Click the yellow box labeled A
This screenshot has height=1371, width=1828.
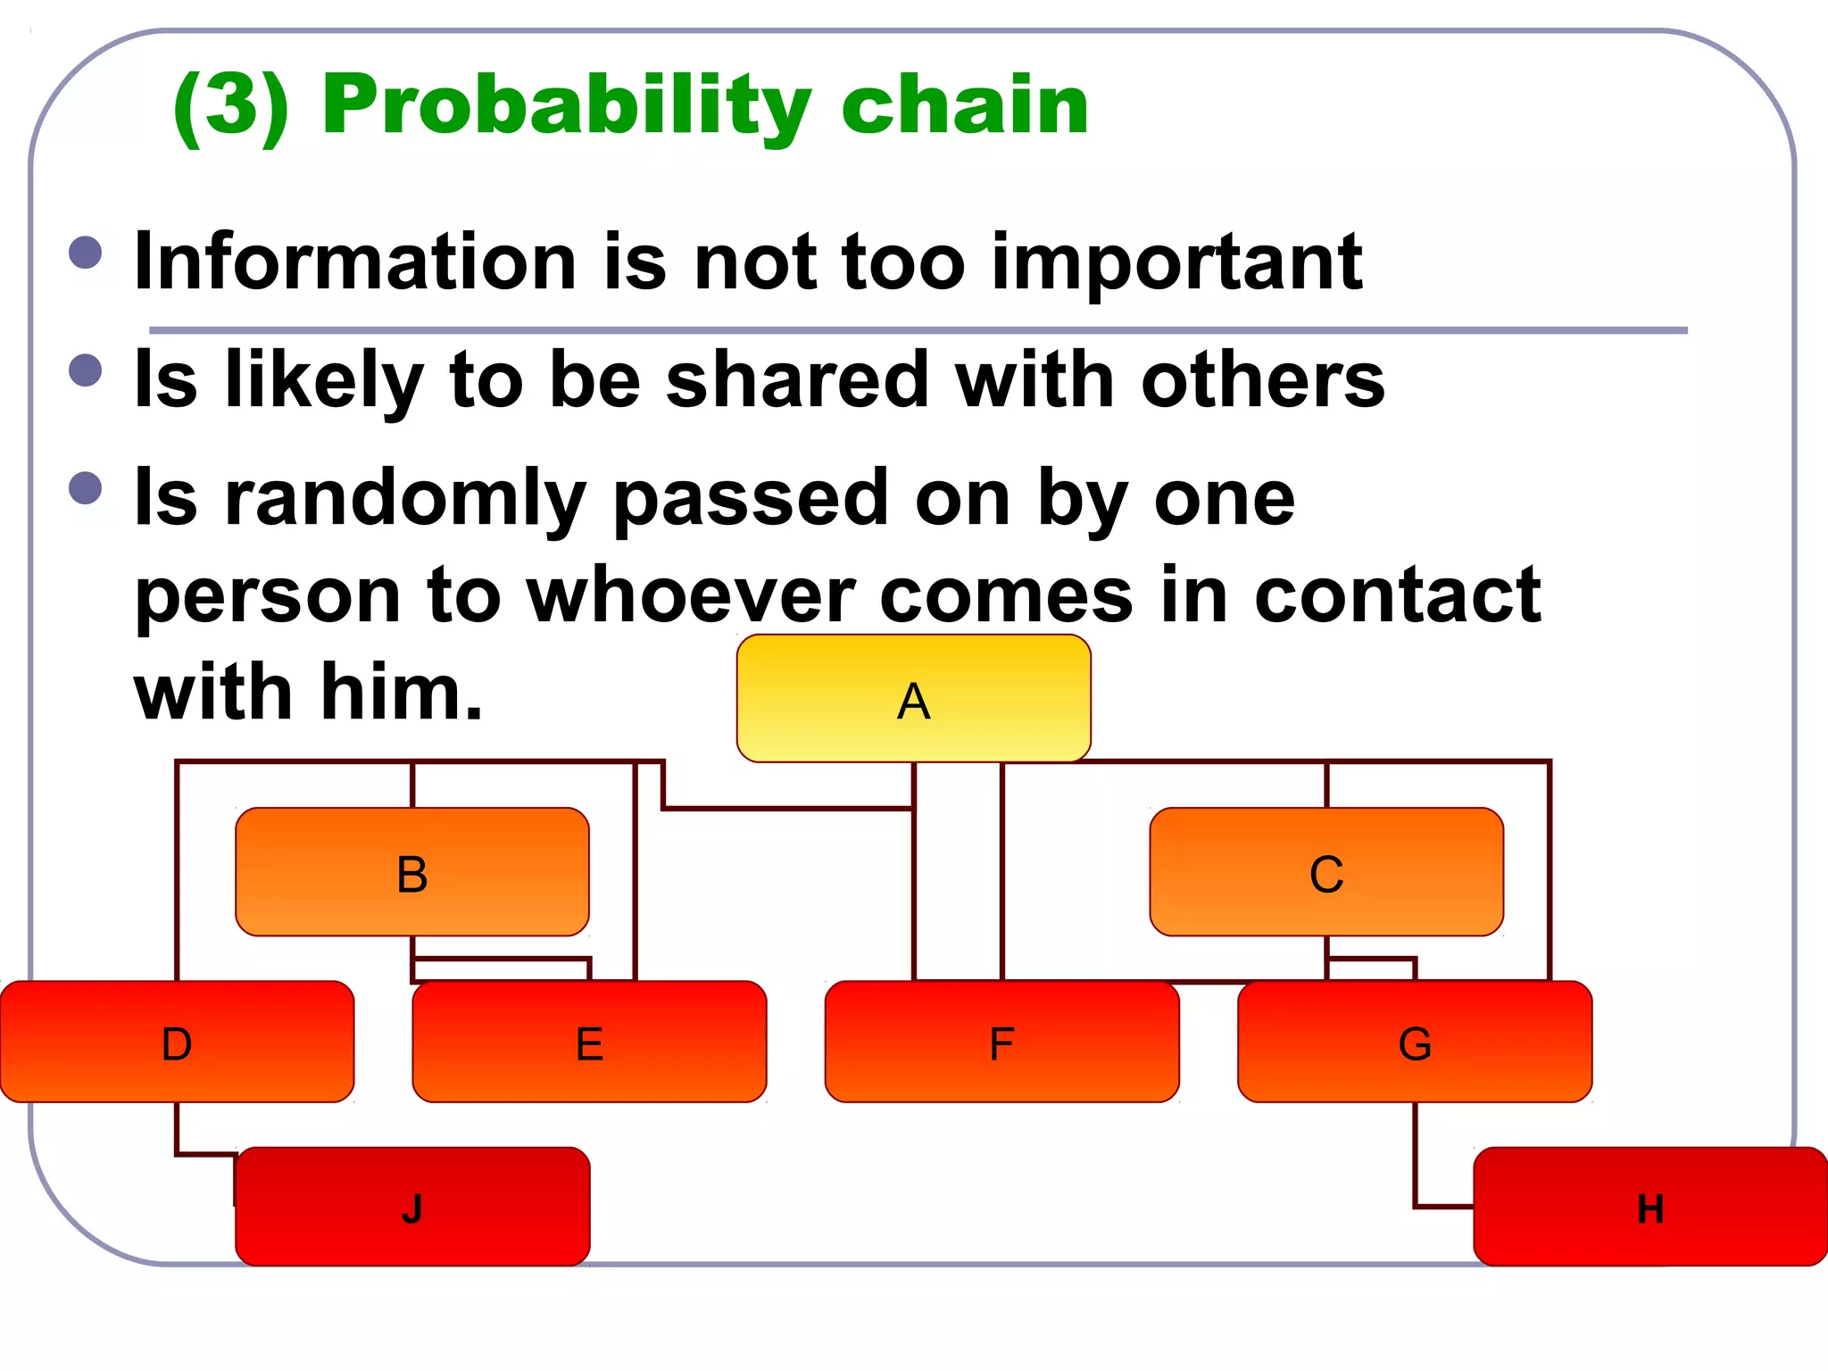(913, 699)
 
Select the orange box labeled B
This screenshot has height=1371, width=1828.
(411, 872)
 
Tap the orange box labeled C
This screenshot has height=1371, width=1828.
(1326, 872)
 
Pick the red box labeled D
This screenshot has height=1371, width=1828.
(177, 1042)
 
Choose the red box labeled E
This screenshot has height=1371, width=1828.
(589, 1042)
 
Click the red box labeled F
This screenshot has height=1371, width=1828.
(1001, 1042)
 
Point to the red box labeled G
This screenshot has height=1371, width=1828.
(1415, 1042)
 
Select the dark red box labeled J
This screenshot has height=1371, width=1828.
(411, 1207)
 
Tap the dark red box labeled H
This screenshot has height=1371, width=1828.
(1649, 1207)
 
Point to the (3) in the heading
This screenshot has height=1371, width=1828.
(232, 105)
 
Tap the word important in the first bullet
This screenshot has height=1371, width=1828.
(1176, 263)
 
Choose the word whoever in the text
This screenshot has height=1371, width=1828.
(690, 595)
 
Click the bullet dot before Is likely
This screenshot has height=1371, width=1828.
(86, 370)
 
